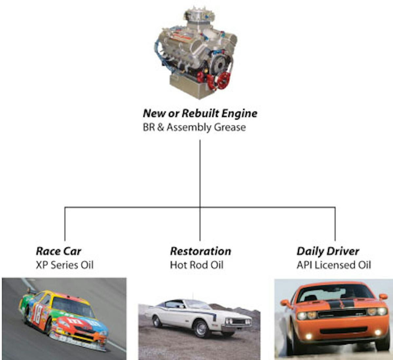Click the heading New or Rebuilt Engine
pyautogui.click(x=200, y=113)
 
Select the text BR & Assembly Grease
pyautogui.click(x=194, y=127)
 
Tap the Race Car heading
pyautogui.click(x=59, y=251)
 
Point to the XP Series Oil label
pyautogui.click(x=65, y=265)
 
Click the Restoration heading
pyautogui.click(x=200, y=251)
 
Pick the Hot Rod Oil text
pyautogui.click(x=196, y=265)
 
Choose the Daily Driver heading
pyautogui.click(x=328, y=251)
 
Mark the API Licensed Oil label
pyautogui.click(x=334, y=265)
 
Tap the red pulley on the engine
pyautogui.click(x=224, y=80)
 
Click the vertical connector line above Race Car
pyautogui.click(x=65, y=224)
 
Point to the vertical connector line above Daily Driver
pyautogui.click(x=335, y=224)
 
